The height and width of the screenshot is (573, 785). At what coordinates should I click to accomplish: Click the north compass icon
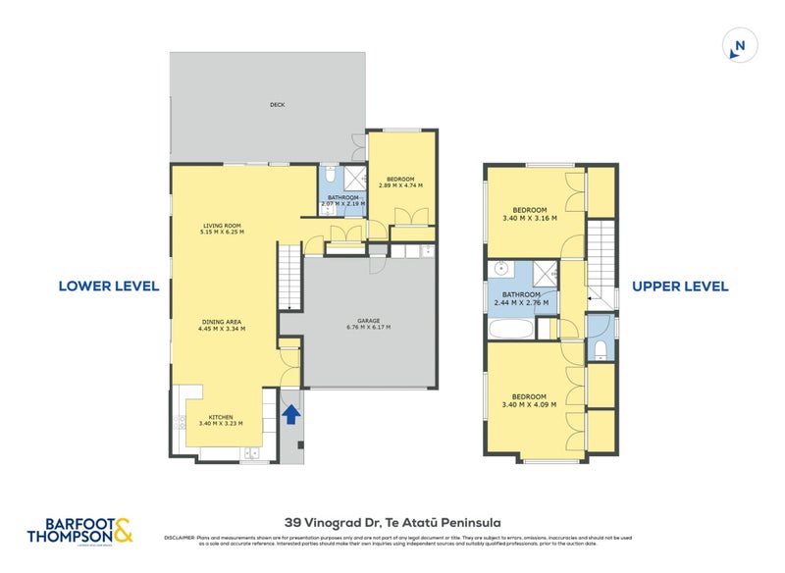click(738, 45)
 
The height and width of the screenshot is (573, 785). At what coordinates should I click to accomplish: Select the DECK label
click(278, 105)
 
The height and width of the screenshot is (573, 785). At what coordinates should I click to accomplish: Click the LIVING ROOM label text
click(221, 226)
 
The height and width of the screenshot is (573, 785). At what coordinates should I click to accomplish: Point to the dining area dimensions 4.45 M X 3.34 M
click(221, 329)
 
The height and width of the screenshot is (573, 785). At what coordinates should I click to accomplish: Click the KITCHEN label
click(220, 417)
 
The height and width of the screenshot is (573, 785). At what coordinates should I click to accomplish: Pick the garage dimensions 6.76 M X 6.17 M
click(368, 327)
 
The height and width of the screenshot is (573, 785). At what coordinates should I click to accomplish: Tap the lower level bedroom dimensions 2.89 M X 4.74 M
click(400, 184)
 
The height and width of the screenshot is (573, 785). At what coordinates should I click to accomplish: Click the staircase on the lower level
click(288, 277)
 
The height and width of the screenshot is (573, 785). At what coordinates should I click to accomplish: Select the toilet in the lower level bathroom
click(332, 178)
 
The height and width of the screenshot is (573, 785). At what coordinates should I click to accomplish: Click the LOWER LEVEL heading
click(108, 286)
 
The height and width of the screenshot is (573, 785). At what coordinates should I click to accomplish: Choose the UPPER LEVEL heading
click(680, 286)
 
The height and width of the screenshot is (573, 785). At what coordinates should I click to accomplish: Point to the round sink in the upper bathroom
click(499, 267)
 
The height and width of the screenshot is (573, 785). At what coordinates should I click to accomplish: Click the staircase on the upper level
click(601, 257)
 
